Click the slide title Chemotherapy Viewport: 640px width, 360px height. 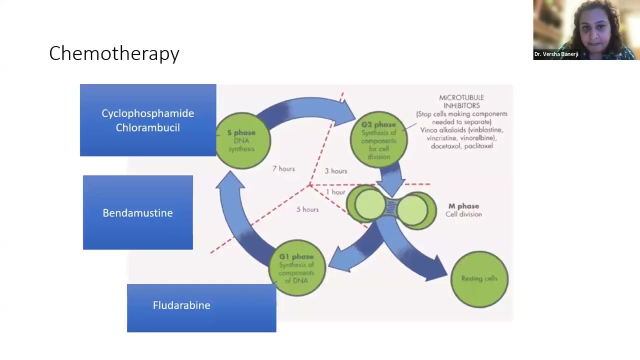point(114,53)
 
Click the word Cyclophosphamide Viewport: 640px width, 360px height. point(147,113)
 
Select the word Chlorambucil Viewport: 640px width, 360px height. point(147,128)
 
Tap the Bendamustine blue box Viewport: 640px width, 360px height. point(137,212)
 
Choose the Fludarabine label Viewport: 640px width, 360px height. point(181,305)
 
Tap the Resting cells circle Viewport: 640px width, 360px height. point(479,278)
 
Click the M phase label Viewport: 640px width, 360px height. point(463,206)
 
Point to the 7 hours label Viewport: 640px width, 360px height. point(283,169)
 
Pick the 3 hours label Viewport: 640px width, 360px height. point(335,171)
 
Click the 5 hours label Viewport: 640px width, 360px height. point(307,209)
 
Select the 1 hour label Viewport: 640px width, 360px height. point(335,192)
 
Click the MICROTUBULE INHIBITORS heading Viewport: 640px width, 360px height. point(461,101)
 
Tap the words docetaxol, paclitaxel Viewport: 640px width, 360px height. point(461,146)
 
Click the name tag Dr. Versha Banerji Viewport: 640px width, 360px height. point(556,54)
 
